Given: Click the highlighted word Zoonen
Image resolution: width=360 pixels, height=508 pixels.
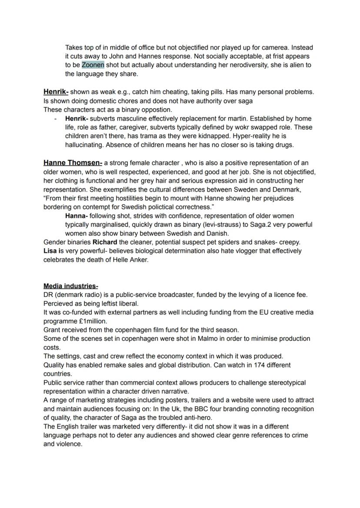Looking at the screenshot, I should click(x=93, y=65).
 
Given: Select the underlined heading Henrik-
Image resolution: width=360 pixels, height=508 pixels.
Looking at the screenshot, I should click(x=56, y=92).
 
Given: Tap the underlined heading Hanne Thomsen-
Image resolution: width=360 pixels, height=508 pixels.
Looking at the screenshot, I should click(x=73, y=163).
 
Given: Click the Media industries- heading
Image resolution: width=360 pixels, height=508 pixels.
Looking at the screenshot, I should click(x=70, y=286).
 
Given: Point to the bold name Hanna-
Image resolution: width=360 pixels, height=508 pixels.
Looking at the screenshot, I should click(x=77, y=216).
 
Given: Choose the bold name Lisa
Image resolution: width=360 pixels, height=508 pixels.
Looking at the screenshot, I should click(x=50, y=251).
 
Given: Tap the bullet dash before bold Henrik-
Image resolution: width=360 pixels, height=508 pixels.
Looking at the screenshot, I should click(x=56, y=119).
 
